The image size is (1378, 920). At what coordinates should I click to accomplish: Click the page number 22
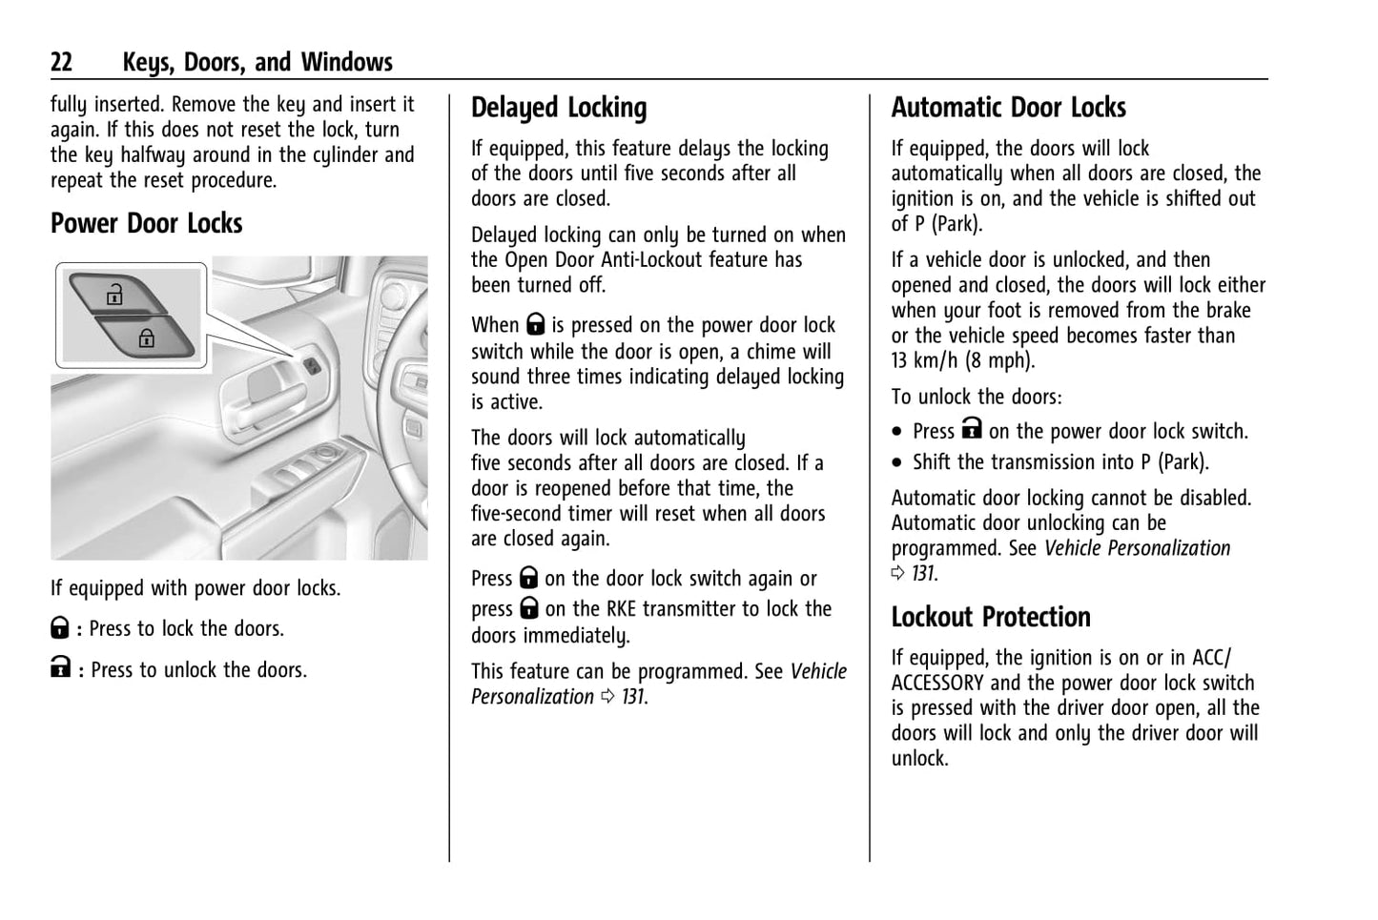[x=61, y=63]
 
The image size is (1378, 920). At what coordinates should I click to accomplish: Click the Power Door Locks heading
[x=146, y=223]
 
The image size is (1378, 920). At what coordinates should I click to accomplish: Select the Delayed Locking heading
[x=559, y=108]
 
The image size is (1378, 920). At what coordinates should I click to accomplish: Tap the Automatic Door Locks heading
[x=1008, y=108]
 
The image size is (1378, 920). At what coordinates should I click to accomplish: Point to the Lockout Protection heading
[x=991, y=617]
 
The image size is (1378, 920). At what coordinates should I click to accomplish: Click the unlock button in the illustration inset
[x=115, y=295]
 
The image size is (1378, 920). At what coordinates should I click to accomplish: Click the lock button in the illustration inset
[x=146, y=337]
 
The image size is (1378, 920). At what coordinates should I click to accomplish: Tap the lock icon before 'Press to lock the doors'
[x=59, y=628]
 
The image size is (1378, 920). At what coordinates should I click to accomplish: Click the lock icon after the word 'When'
[x=535, y=326]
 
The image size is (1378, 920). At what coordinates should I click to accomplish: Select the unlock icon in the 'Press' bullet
[x=971, y=430]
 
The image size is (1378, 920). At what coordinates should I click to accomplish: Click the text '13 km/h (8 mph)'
[x=962, y=360]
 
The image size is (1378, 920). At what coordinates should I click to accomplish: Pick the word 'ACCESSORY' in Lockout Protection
[x=937, y=683]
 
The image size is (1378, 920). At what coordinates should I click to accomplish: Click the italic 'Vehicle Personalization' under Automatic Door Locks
[x=1137, y=548]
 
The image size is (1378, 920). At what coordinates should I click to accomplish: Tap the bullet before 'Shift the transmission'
[x=897, y=463]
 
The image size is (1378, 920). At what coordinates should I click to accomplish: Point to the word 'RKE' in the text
[x=627, y=609]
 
